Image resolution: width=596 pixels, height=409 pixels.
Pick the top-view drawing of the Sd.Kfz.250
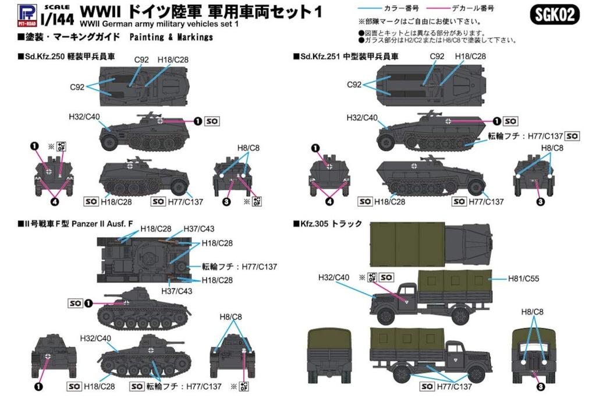(143, 86)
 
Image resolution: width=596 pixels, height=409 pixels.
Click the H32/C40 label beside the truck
(334, 277)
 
